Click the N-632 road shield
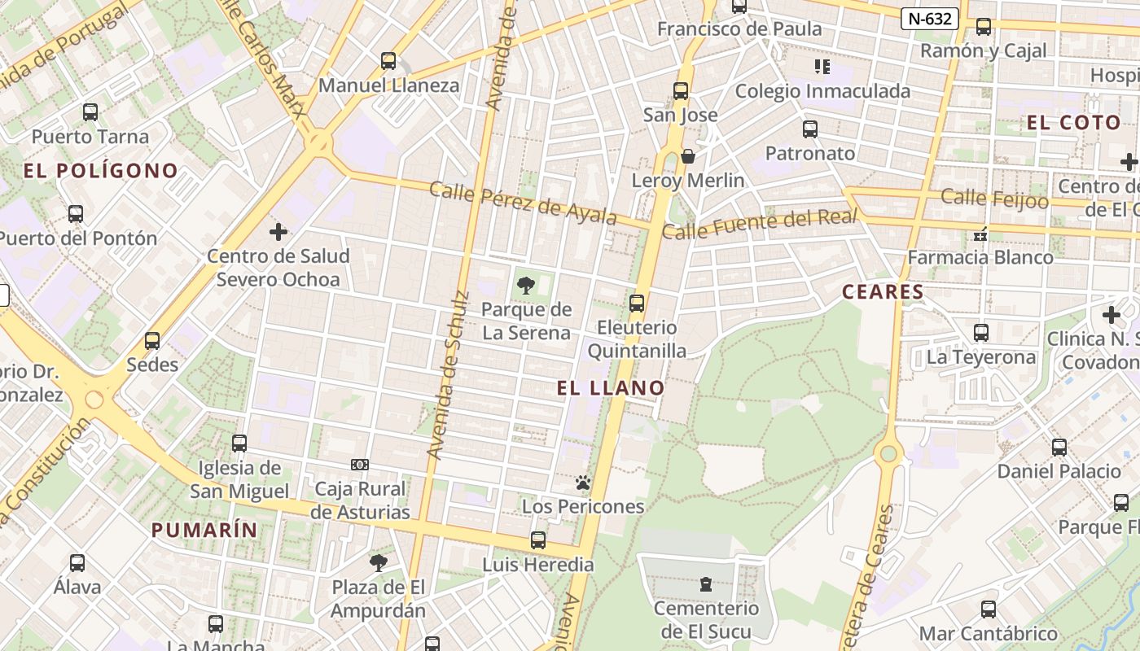coord(929,19)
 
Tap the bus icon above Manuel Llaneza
coord(388,60)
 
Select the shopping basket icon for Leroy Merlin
coord(688,155)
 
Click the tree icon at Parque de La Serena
coord(526,285)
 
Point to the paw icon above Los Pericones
coord(582,483)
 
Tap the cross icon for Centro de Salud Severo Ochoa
coord(278,232)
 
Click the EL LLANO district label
coord(611,388)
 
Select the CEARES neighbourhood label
coord(883,291)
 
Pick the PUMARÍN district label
coord(204,530)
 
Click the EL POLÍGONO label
coord(101,171)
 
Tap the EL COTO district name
coord(1073,123)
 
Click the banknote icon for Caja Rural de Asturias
coord(360,465)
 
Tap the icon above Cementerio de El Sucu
coord(706,583)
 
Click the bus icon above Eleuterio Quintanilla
coord(637,304)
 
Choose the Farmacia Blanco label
coord(980,257)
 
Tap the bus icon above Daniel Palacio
coord(1059,447)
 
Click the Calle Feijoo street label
coord(994,198)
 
